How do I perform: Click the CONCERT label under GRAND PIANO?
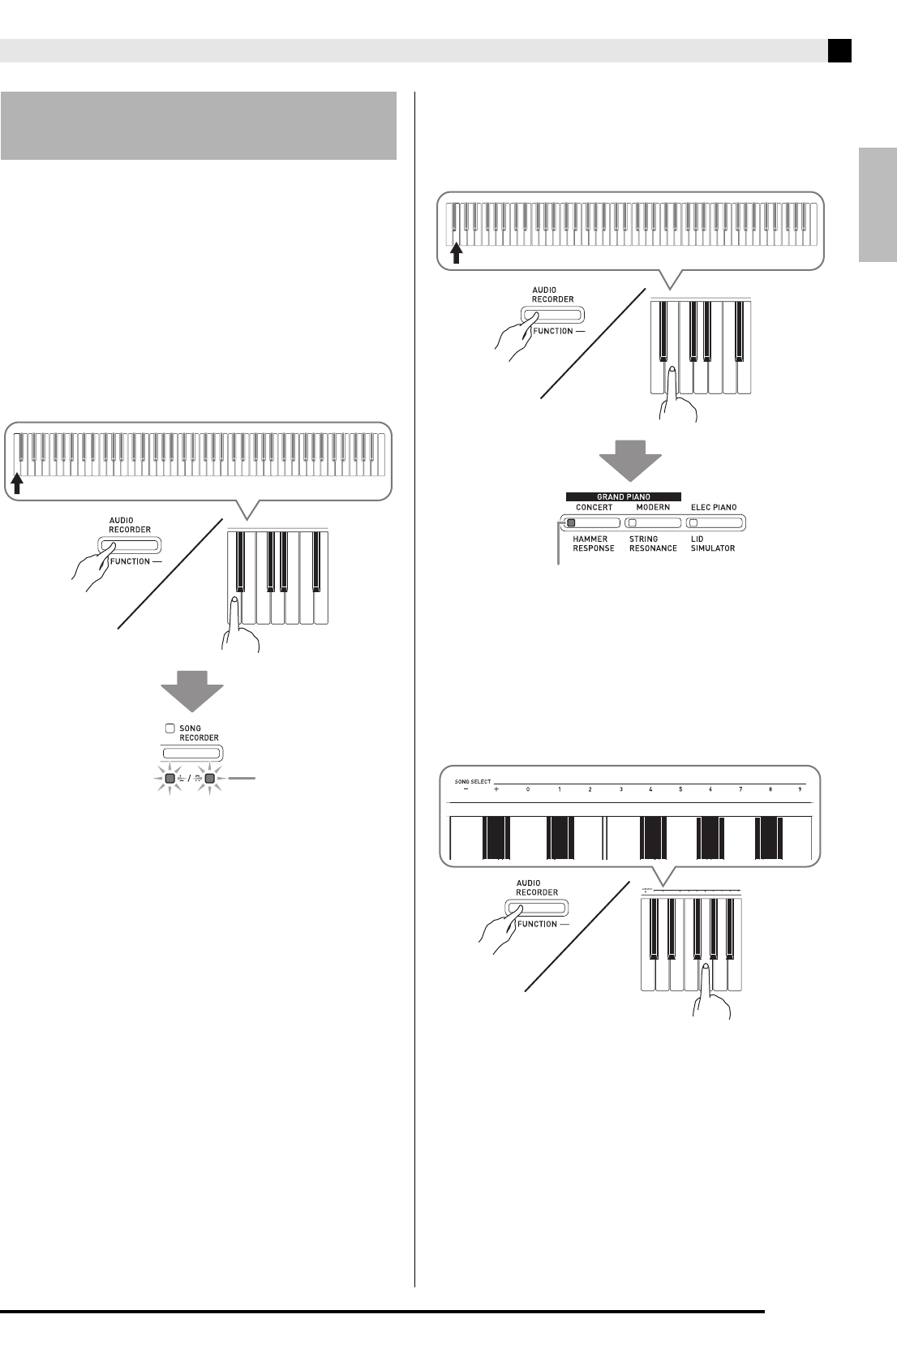click(594, 508)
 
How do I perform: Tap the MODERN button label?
click(653, 508)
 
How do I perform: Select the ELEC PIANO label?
click(714, 508)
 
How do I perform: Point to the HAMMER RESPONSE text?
click(594, 543)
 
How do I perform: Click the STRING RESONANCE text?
click(653, 543)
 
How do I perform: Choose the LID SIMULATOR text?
click(713, 543)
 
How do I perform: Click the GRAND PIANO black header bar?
click(624, 496)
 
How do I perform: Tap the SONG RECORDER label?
click(199, 733)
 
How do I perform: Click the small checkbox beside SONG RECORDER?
click(170, 728)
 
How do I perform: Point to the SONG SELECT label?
click(473, 782)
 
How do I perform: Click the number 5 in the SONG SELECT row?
click(680, 789)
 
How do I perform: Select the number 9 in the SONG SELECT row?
click(800, 789)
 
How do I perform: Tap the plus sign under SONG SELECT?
click(496, 789)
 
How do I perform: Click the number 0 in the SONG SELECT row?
click(527, 789)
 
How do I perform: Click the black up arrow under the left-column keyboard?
click(18, 484)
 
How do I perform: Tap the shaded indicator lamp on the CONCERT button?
click(571, 523)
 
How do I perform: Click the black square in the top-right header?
click(839, 51)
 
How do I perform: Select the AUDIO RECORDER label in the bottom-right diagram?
click(537, 887)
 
